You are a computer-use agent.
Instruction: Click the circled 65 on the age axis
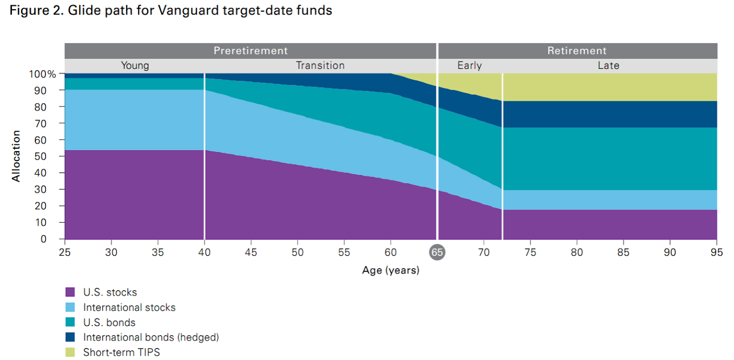437,252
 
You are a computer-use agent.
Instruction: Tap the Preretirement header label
250,51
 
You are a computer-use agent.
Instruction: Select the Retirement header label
577,51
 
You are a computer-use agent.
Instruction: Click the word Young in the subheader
135,65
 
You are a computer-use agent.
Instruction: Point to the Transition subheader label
320,65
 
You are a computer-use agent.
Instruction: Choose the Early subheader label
469,65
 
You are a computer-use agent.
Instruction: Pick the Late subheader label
608,65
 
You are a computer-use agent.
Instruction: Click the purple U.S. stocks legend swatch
70,292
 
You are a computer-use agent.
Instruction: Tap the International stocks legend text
129,307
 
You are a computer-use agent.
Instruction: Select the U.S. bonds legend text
109,323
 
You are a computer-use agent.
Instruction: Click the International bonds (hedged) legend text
151,338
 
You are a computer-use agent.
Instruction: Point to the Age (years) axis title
390,271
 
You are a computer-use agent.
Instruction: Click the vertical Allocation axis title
16,156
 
